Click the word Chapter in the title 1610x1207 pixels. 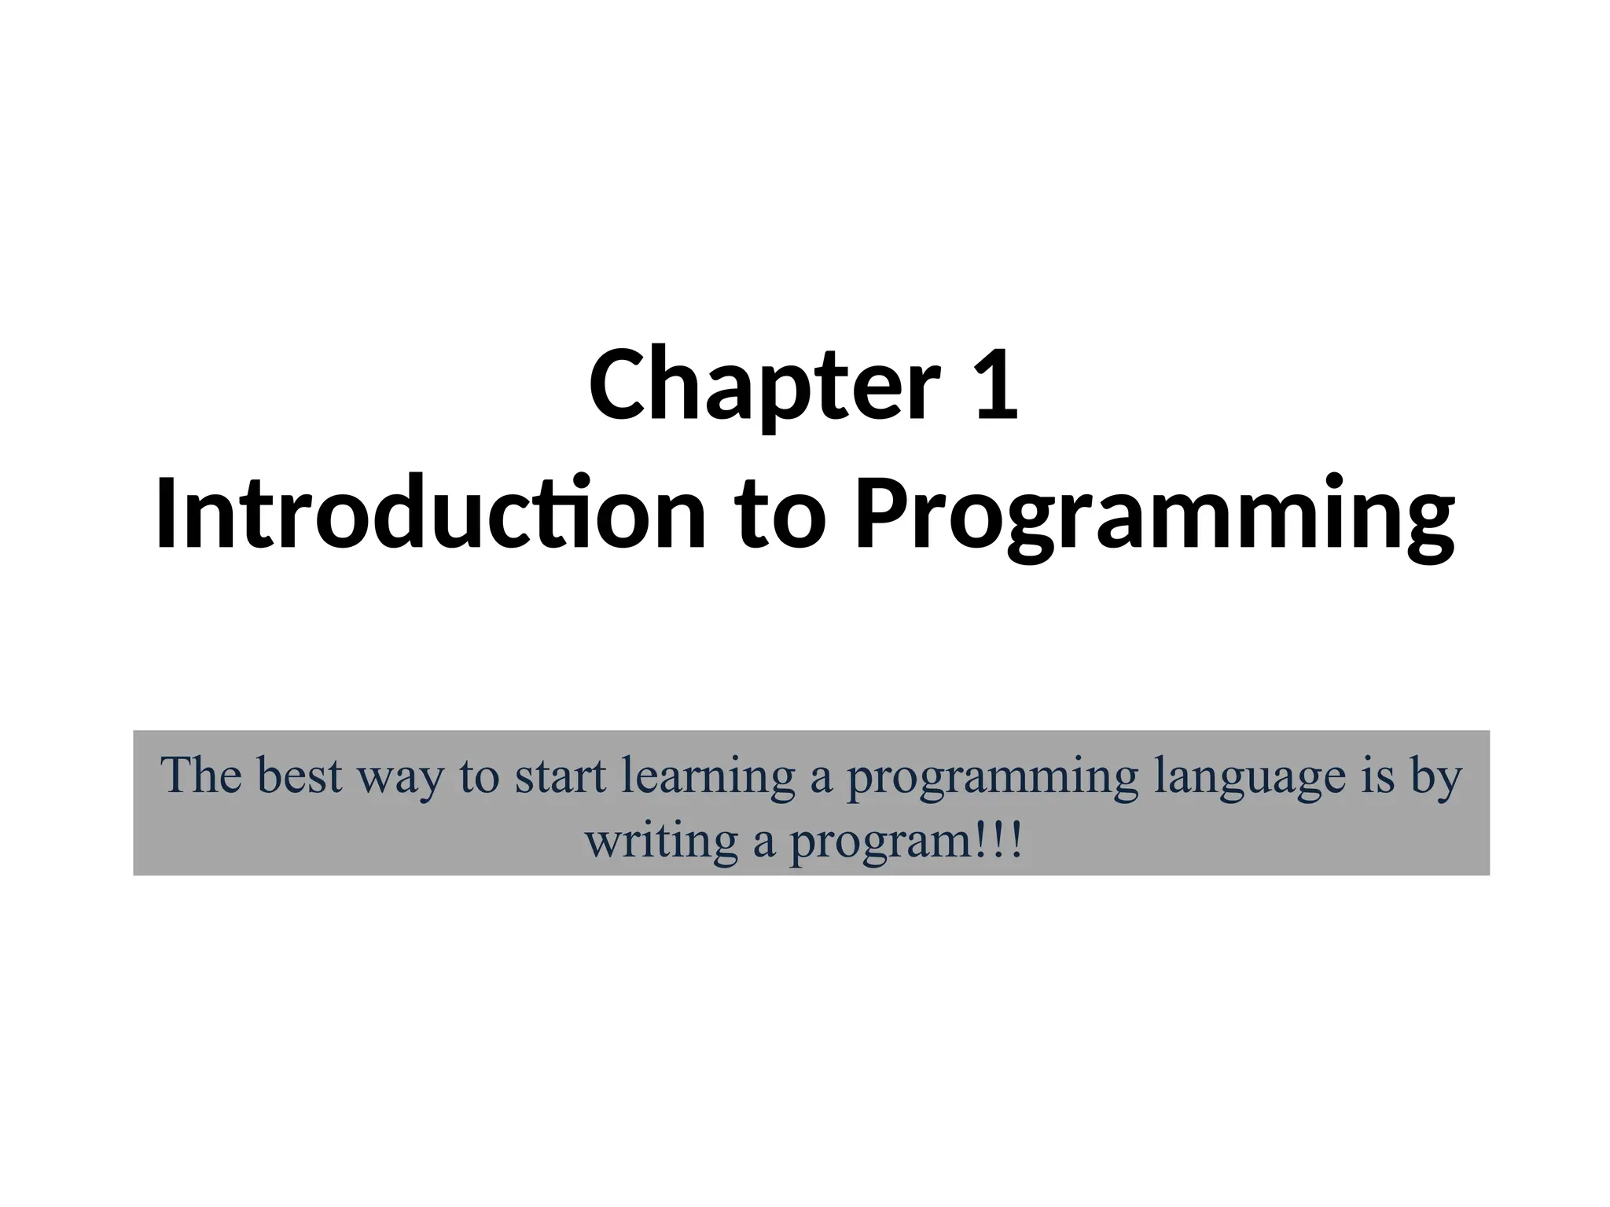[764, 387]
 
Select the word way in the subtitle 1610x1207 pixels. [400, 778]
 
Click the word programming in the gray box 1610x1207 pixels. [992, 778]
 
